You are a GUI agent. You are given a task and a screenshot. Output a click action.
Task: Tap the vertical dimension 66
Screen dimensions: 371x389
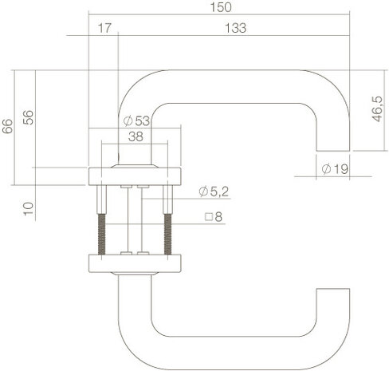(8, 126)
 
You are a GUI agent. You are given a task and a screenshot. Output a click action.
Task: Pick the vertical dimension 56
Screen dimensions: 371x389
(29, 116)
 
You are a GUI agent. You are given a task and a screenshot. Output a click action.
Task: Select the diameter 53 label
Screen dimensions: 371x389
(138, 120)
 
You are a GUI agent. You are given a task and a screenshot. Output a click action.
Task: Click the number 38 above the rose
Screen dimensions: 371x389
(136, 136)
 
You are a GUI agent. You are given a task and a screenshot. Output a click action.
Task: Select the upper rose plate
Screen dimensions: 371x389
(136, 176)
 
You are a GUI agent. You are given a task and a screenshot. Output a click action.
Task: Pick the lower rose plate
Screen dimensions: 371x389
(136, 263)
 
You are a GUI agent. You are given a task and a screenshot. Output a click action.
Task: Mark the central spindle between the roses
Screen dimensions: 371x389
(136, 219)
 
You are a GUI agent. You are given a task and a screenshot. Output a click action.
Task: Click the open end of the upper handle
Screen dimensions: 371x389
(334, 149)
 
